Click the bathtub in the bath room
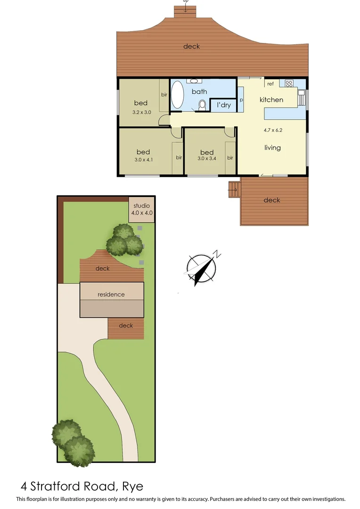point(177,95)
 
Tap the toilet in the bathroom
point(203,105)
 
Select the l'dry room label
point(224,105)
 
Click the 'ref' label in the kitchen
point(270,84)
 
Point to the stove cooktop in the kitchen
point(289,84)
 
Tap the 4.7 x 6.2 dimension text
point(272,131)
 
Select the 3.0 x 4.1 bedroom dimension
point(143,159)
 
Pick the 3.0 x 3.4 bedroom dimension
point(207,159)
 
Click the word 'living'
point(272,148)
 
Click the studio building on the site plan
point(141,209)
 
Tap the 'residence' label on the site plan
point(111,295)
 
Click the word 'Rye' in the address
point(132,486)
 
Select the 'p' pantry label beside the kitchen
point(241,100)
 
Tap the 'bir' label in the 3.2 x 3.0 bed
point(164,95)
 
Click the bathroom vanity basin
point(195,81)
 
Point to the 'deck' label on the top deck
point(192,46)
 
